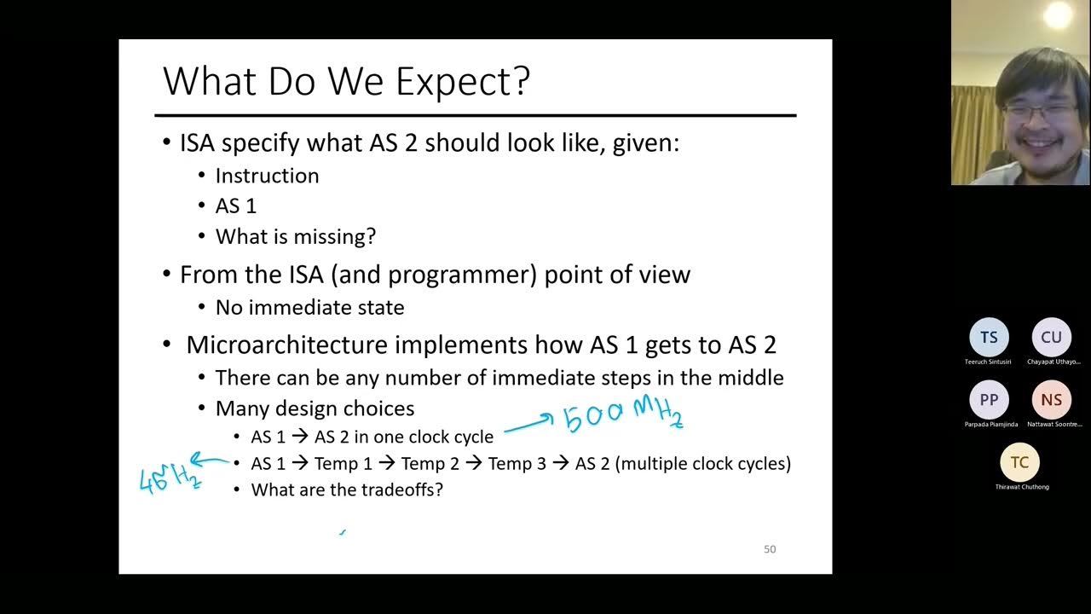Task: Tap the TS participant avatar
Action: (x=989, y=338)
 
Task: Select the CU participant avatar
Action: (x=1051, y=338)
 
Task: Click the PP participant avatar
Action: (x=989, y=400)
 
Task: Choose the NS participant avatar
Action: (x=1051, y=400)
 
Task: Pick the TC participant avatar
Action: (x=1019, y=463)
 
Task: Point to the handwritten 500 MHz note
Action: (x=622, y=414)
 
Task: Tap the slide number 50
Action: (x=770, y=549)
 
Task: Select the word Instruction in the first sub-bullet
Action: (x=267, y=176)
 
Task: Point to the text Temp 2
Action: (x=430, y=464)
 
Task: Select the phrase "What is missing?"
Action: (x=295, y=236)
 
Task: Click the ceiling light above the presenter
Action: (x=1058, y=14)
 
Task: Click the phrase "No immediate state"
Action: (x=309, y=307)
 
